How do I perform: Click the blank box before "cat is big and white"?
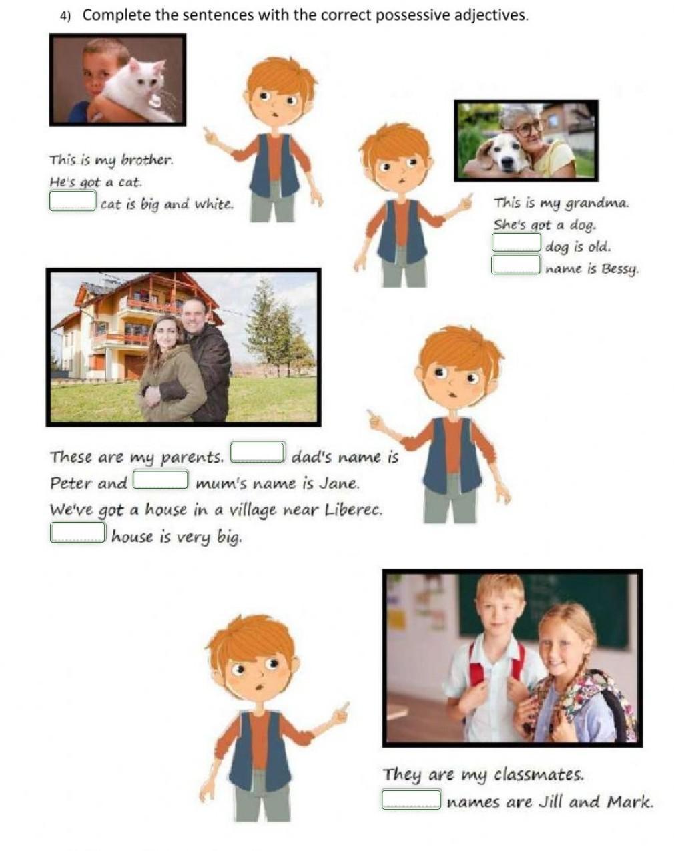pos(72,201)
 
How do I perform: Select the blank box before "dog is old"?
pos(517,242)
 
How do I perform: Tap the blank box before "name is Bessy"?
pos(515,264)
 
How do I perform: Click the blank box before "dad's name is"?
pos(258,452)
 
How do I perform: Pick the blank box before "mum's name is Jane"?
pos(160,479)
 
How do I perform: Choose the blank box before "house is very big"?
pos(78,532)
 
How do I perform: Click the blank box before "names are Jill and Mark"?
pos(411,799)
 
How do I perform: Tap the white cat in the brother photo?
pos(136,91)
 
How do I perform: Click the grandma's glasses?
pos(530,127)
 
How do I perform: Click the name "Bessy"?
pos(620,269)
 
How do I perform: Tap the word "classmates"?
pos(539,774)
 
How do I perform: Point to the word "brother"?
pos(147,160)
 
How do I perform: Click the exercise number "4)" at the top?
pos(65,16)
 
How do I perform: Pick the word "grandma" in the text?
pos(596,204)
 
